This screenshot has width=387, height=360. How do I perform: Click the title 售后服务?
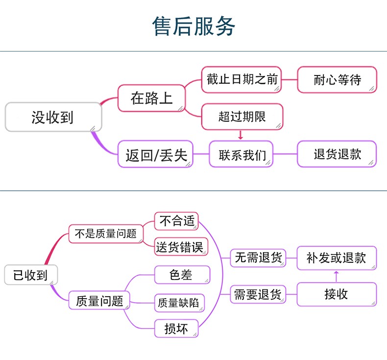(193, 26)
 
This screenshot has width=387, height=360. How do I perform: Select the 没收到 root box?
(53, 117)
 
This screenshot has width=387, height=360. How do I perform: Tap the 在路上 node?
(151, 98)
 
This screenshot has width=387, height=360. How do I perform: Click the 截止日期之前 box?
(242, 79)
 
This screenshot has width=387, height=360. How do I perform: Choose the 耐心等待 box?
(337, 79)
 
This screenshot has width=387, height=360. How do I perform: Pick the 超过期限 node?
(242, 117)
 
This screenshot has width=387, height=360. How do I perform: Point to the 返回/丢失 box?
(155, 154)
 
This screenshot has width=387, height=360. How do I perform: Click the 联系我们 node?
(241, 154)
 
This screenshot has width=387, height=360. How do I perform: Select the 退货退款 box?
(337, 154)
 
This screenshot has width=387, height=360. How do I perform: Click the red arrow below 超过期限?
(241, 135)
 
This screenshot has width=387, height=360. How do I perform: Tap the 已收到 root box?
(31, 275)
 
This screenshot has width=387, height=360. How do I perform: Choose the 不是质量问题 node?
(106, 234)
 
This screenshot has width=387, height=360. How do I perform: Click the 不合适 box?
(176, 221)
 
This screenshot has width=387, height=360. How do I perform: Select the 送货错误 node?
(181, 247)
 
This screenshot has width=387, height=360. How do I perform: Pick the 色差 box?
(182, 275)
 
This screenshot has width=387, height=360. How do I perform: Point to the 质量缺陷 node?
(179, 303)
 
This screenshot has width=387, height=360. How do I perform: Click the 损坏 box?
(176, 329)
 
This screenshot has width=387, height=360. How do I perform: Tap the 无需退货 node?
(258, 258)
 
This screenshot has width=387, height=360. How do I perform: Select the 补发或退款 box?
(337, 258)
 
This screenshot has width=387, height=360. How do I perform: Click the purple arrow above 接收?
(336, 276)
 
